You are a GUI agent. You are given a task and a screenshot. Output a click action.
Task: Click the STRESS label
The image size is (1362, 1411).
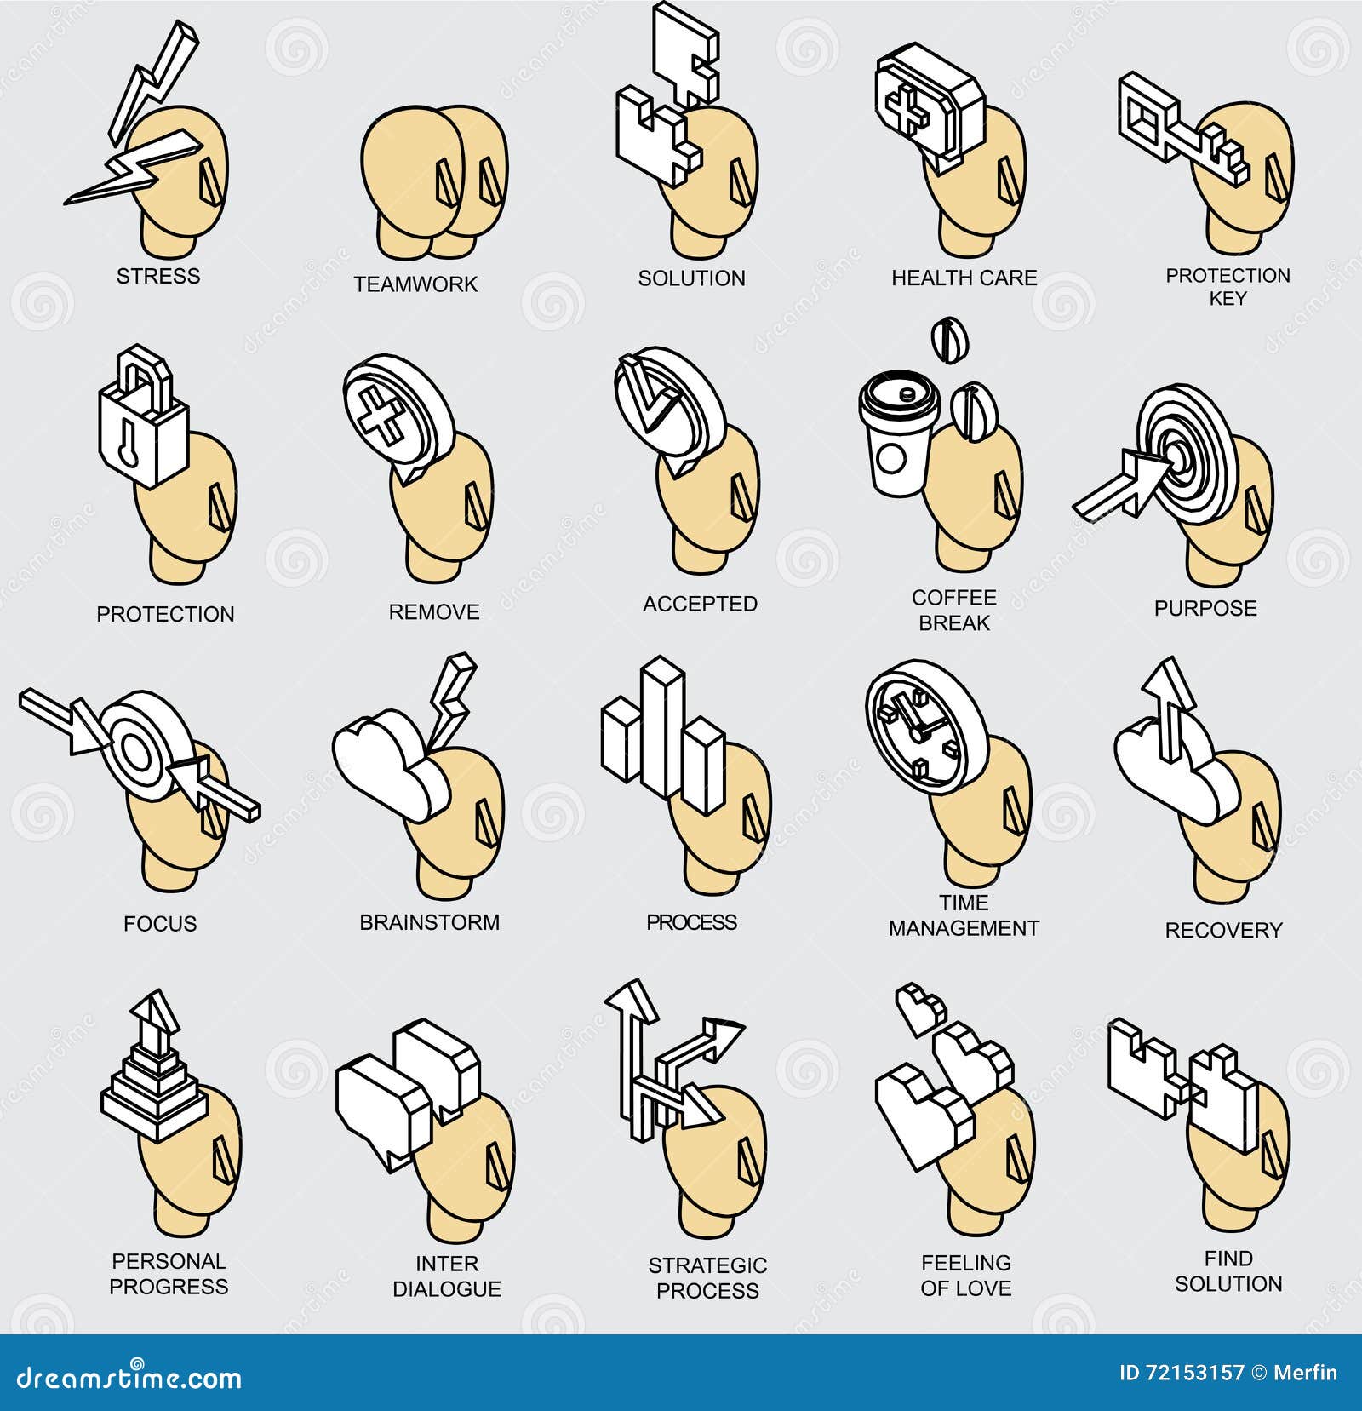pos(158,276)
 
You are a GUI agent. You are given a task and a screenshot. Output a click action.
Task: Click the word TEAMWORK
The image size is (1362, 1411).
pos(415,284)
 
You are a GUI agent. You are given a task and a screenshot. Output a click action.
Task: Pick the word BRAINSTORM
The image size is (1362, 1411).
pos(429,922)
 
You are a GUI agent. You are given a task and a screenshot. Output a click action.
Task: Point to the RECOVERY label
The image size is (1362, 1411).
pos(1222,930)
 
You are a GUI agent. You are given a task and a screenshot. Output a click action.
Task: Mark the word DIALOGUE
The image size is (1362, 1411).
pos(447,1288)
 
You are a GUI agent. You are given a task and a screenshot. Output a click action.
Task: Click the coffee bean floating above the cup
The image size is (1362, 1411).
pos(948,341)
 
